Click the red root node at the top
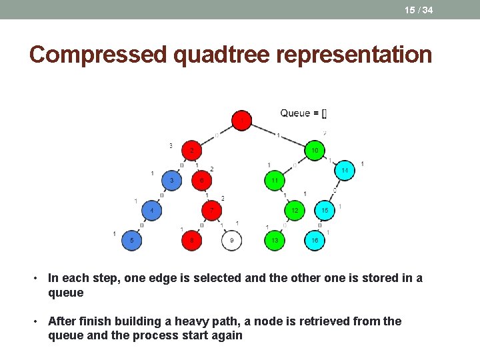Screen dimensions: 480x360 click(x=241, y=121)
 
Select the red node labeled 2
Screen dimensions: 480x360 click(x=192, y=151)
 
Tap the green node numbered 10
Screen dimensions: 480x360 click(x=315, y=151)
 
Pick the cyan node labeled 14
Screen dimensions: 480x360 click(x=344, y=171)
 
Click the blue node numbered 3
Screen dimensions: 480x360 click(x=172, y=181)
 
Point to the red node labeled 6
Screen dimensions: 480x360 click(x=201, y=181)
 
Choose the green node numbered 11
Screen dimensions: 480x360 click(x=275, y=181)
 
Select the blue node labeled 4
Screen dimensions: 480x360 click(x=152, y=211)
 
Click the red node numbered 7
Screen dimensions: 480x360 click(x=212, y=211)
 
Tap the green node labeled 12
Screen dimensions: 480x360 click(x=295, y=211)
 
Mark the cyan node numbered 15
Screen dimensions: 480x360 click(x=324, y=211)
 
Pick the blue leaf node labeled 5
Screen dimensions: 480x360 click(x=132, y=240)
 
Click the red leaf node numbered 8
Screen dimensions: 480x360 click(x=192, y=240)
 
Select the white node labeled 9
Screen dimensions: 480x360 click(x=231, y=240)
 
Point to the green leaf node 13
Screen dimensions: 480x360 click(x=275, y=240)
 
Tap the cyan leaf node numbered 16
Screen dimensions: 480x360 click(x=315, y=240)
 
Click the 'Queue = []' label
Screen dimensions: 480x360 click(x=303, y=113)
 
